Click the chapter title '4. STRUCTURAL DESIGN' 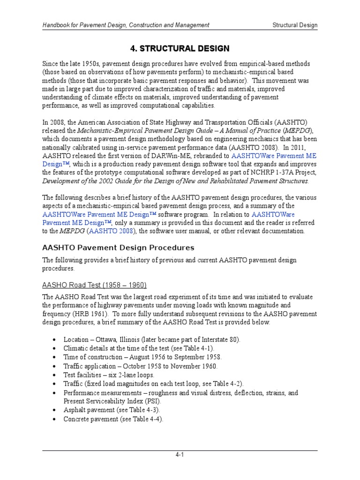click(180, 48)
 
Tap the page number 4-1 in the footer click(180, 455)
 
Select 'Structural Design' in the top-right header click(295, 25)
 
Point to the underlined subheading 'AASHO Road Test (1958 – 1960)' click(95, 285)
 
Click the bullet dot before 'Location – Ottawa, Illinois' click(56, 339)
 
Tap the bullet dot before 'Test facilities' click(56, 375)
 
